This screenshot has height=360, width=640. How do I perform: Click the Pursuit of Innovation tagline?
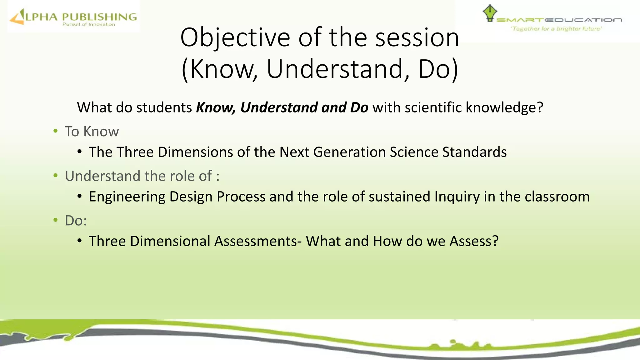[x=89, y=24]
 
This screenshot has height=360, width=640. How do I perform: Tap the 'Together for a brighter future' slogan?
[x=556, y=29]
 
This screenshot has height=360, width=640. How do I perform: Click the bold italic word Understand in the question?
[x=279, y=107]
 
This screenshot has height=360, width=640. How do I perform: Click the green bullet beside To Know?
[x=56, y=131]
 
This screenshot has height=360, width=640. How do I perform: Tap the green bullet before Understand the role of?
[x=56, y=176]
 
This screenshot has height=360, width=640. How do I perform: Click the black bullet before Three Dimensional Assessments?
[x=80, y=241]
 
